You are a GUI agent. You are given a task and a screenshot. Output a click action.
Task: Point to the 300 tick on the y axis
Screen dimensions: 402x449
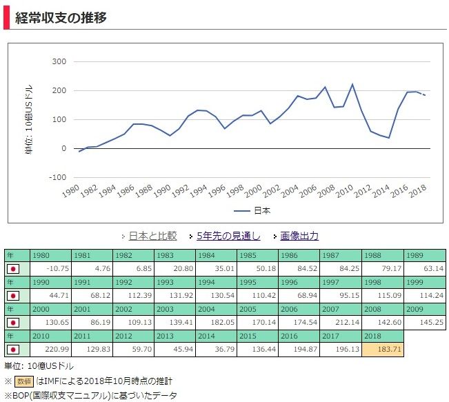coord(59,61)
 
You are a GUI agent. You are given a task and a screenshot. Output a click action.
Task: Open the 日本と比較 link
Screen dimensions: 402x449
coord(152,236)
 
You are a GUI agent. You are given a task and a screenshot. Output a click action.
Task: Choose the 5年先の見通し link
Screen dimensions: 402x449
coord(228,236)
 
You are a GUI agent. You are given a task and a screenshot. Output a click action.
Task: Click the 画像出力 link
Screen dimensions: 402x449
coord(299,236)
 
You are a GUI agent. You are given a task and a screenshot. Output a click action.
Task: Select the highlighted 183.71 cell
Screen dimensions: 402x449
coord(383,350)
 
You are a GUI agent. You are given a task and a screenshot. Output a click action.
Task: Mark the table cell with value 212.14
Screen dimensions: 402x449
coord(341,323)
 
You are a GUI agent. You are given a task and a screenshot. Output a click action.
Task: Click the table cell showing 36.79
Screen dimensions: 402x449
coord(216,350)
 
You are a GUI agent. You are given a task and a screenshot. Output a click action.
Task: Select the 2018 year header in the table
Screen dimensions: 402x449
coord(383,337)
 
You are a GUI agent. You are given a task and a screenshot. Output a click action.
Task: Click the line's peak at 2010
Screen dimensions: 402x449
coord(352,84)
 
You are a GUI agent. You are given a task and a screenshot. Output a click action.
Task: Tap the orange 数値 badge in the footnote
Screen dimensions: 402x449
coord(24,381)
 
